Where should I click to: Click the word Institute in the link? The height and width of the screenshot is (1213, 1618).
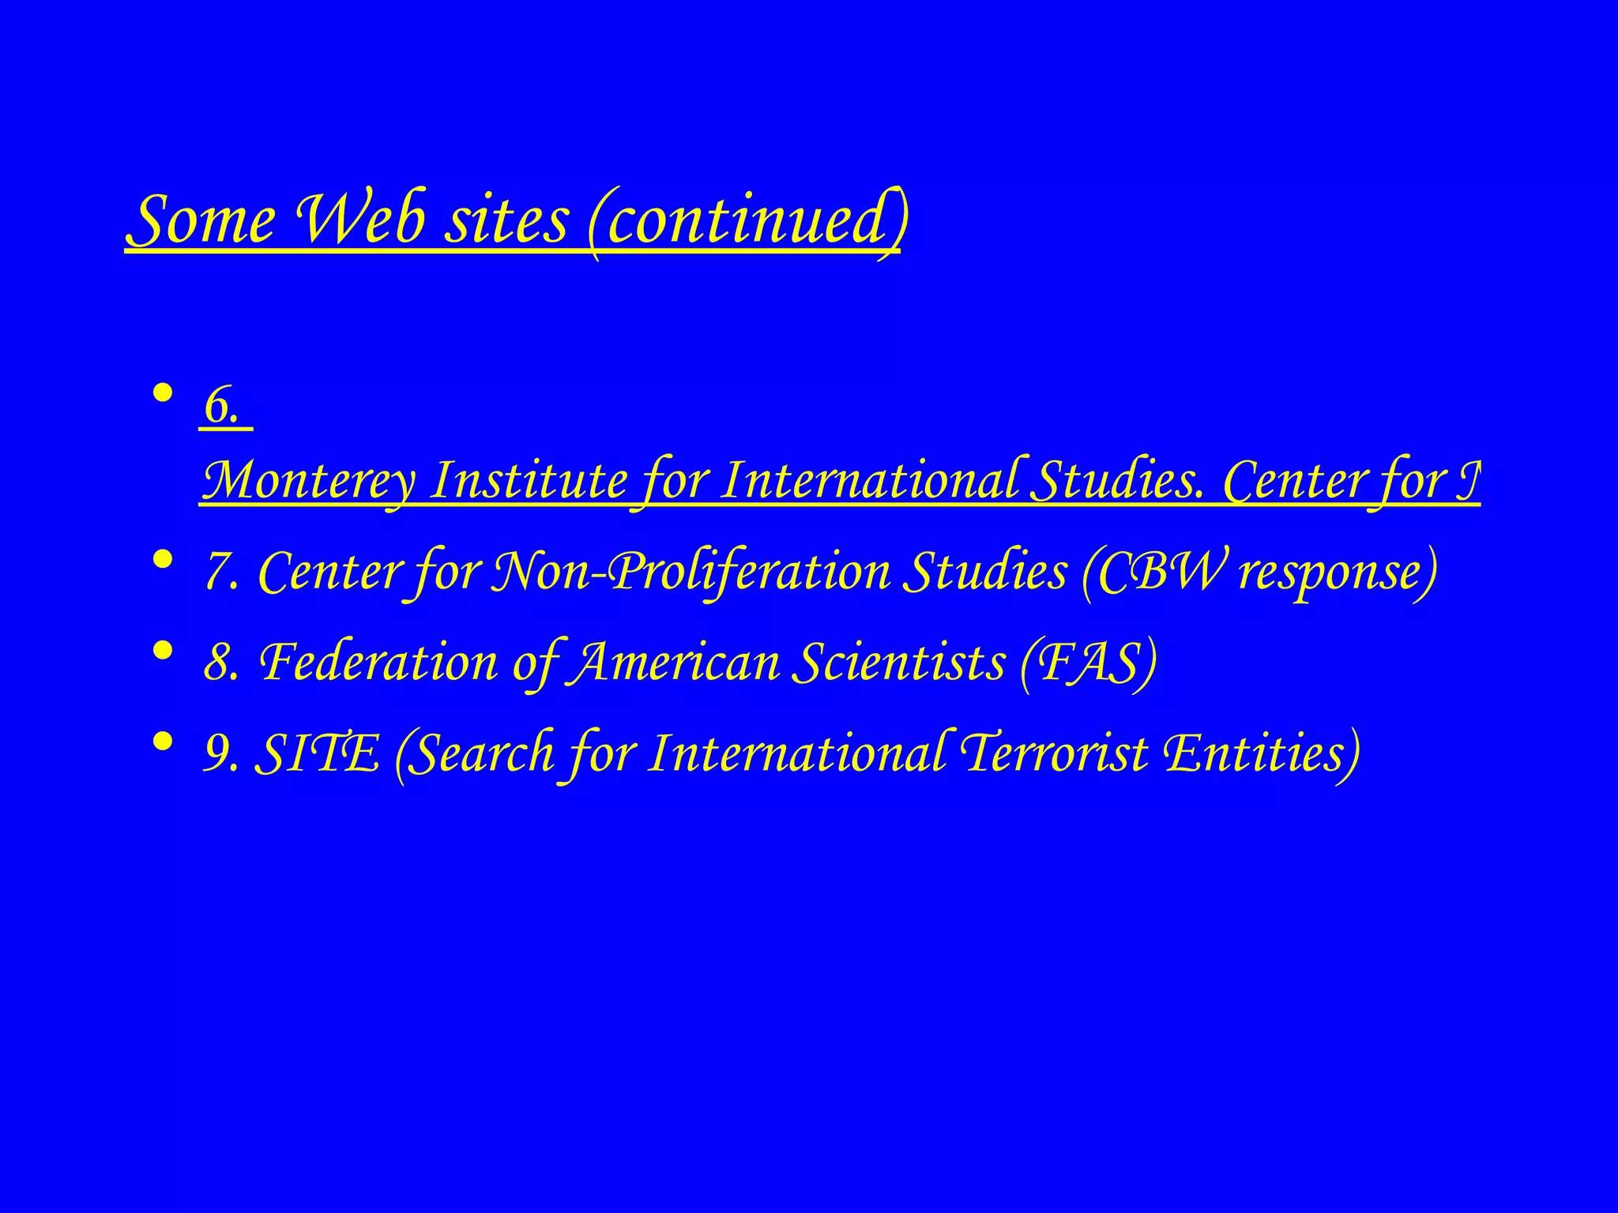pos(528,479)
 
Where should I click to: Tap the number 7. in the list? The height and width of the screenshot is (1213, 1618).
pos(222,571)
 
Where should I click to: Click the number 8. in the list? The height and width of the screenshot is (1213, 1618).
pos(222,662)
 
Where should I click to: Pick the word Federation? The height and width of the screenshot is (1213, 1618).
pos(378,662)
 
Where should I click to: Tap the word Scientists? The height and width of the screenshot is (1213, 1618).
pos(899,662)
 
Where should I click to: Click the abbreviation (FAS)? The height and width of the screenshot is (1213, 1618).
pos(1088,662)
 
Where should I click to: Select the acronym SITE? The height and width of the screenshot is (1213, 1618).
pos(317,753)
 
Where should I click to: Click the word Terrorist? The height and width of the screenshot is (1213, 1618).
pos(1053,753)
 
